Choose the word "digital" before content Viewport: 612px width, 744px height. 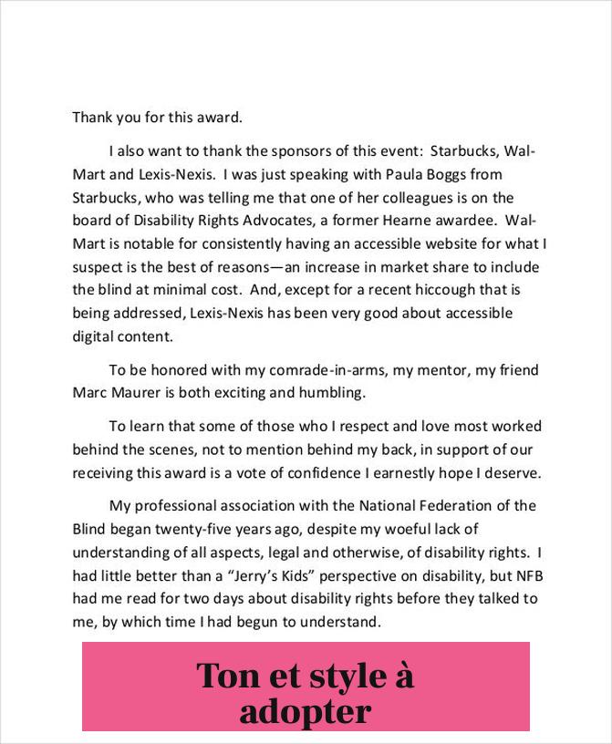point(92,336)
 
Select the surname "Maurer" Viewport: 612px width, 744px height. point(140,393)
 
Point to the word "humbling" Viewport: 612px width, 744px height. point(333,393)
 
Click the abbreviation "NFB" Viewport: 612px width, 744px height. point(530,576)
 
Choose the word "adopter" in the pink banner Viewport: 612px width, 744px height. point(306,711)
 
